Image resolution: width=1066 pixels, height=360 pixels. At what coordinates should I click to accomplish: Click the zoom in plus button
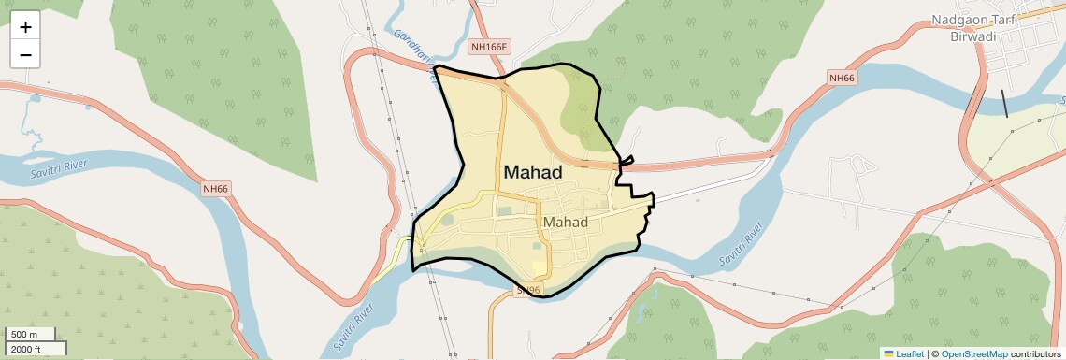25,26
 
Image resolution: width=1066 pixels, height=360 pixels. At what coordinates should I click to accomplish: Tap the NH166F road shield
488,47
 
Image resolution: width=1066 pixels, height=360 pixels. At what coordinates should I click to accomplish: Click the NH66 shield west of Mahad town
215,189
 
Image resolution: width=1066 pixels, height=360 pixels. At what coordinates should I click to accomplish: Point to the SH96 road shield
528,291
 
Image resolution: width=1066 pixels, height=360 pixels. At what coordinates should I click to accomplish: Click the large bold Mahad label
533,172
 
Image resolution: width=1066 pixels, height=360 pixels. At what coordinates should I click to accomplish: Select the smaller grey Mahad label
566,223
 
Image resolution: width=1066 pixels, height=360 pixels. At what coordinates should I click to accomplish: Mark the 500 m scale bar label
24,335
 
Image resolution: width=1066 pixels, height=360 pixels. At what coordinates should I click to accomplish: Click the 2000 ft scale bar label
27,349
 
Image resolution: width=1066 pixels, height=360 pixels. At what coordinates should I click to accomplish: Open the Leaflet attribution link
909,353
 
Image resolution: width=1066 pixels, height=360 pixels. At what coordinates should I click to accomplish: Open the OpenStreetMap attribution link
973,353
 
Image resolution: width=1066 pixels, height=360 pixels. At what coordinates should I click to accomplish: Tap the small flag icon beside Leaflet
888,353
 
